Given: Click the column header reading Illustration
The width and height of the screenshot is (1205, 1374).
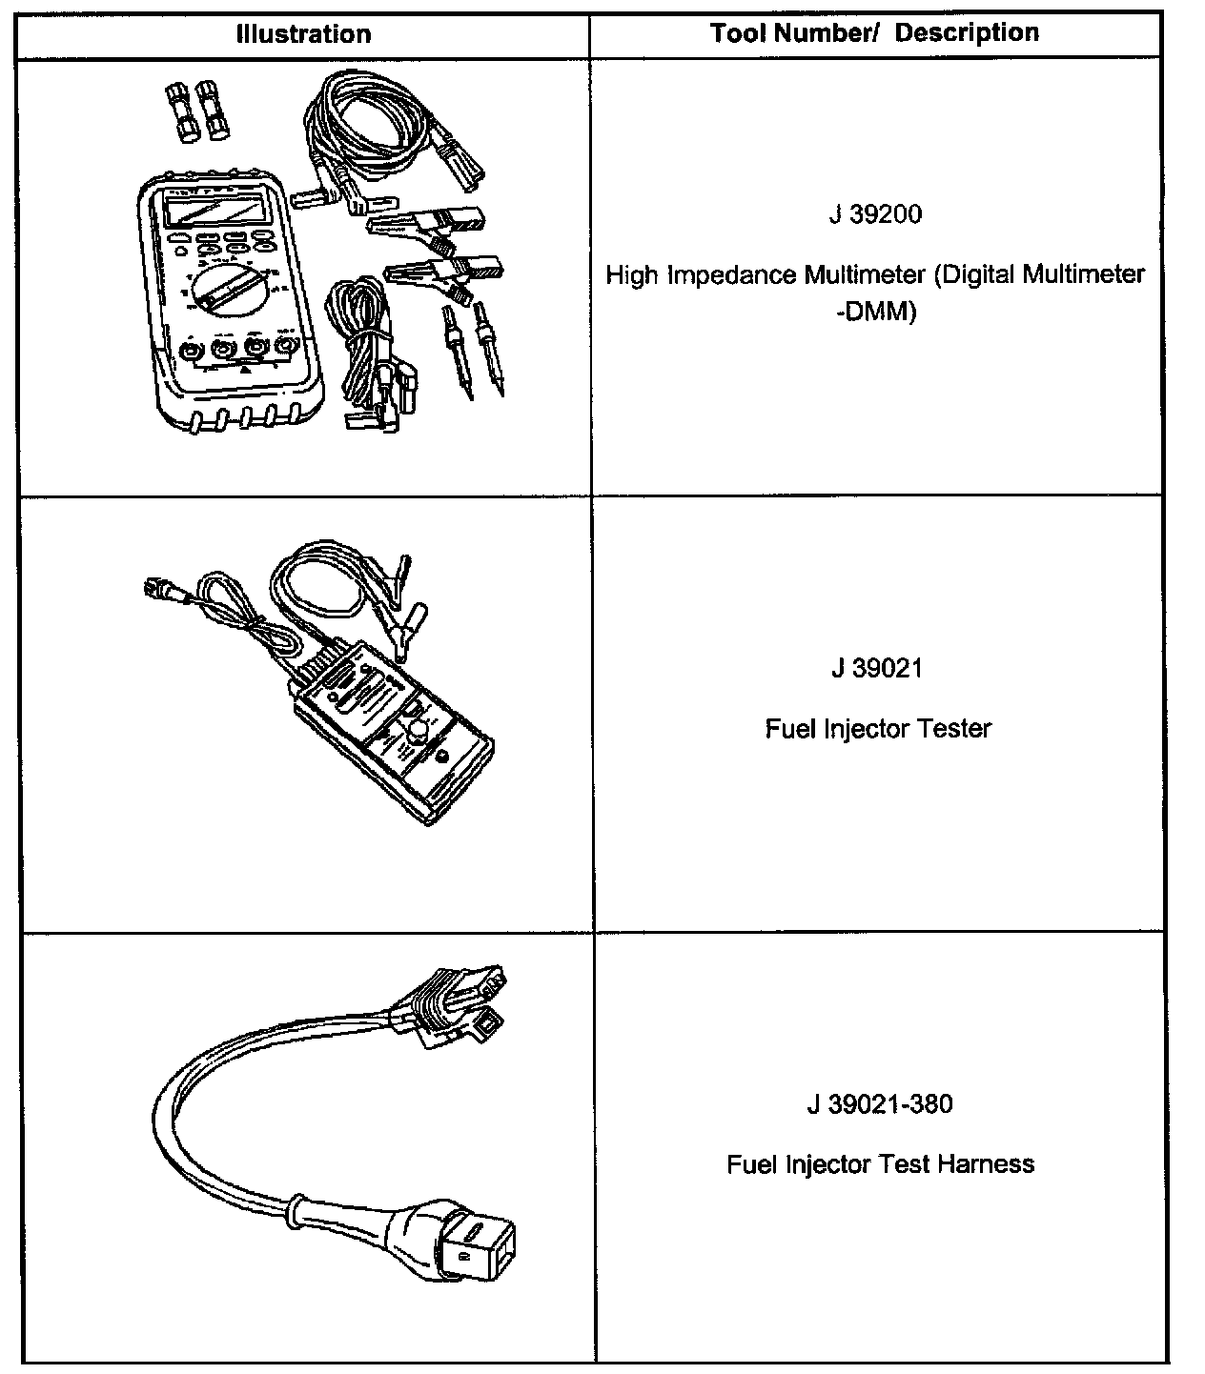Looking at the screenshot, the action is [x=303, y=34].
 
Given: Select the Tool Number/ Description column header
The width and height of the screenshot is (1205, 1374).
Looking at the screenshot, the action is [x=874, y=33].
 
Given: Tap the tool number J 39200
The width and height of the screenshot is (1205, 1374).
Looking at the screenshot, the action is [x=875, y=214].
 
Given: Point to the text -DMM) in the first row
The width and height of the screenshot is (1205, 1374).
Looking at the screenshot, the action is [x=874, y=312].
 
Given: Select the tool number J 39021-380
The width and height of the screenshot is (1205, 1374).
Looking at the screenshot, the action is [x=878, y=1104].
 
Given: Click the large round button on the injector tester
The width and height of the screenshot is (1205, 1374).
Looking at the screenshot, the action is [x=418, y=731].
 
